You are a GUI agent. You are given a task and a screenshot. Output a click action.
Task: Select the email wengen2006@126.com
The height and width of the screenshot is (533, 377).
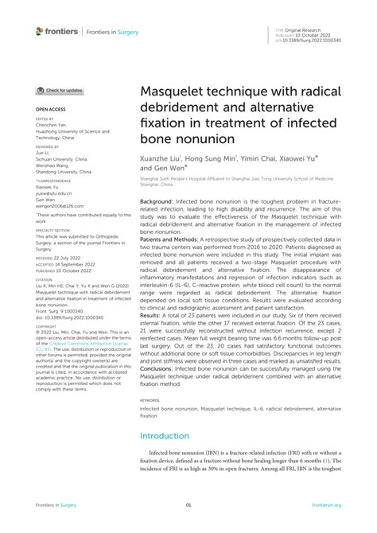(56, 206)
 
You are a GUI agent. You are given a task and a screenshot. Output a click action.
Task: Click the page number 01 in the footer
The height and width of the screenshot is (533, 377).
(188, 504)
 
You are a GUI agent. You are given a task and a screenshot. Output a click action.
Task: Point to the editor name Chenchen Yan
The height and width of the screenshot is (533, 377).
(52, 125)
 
